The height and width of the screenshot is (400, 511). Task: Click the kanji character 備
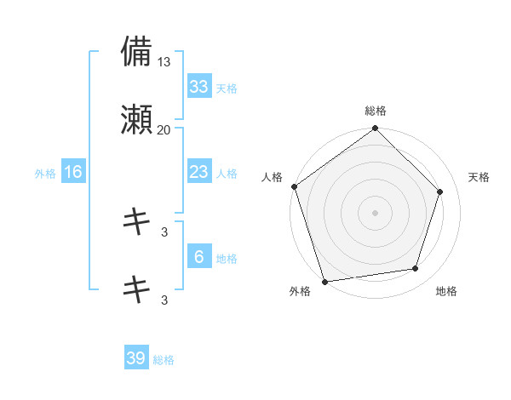coord(136,52)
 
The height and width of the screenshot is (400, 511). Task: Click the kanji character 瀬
coord(136,120)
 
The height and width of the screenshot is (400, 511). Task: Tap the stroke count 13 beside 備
coord(164,62)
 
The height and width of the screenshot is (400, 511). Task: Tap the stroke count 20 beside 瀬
coord(164,130)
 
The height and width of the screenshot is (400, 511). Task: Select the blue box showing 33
coord(198,87)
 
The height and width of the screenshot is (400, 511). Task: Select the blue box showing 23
coord(198,172)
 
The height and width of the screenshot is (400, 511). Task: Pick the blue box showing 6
coord(198,257)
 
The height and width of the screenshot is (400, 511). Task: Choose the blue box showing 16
coord(73,172)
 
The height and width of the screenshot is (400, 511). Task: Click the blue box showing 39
coord(136,358)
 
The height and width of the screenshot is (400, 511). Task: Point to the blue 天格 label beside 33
coord(226,89)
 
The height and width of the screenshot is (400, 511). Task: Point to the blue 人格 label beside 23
coord(226,174)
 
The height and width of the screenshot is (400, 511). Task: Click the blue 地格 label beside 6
coord(226,259)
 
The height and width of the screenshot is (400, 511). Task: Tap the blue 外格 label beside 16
coord(45,174)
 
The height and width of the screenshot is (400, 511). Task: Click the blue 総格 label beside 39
coord(164,360)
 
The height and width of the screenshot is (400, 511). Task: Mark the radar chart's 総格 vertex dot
coord(375,129)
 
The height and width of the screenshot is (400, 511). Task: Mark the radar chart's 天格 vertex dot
coord(440,191)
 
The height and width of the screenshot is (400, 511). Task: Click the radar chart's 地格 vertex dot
coord(415,269)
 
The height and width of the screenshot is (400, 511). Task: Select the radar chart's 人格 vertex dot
coord(294,186)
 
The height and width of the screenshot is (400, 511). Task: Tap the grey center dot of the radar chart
coord(375,212)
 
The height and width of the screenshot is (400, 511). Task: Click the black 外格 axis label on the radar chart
coord(300,292)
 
